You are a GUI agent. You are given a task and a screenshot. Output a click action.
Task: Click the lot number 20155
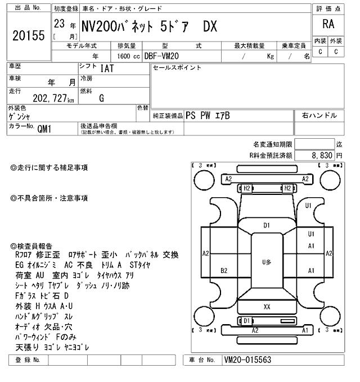(28, 35)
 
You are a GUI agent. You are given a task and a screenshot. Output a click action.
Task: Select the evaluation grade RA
(328, 25)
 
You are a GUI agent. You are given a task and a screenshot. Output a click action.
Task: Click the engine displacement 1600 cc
(128, 56)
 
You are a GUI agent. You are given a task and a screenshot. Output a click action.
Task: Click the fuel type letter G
(101, 98)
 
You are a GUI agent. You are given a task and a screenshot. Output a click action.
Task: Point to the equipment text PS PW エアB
(208, 115)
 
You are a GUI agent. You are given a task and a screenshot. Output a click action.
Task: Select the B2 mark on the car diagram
(224, 270)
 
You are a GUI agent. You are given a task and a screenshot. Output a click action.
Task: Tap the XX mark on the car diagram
(267, 307)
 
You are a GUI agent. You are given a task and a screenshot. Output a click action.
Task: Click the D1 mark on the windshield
(267, 225)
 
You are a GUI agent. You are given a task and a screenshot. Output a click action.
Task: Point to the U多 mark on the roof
(267, 262)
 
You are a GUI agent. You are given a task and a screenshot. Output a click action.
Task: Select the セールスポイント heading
(177, 68)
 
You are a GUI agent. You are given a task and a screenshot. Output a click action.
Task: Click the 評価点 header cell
(328, 9)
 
